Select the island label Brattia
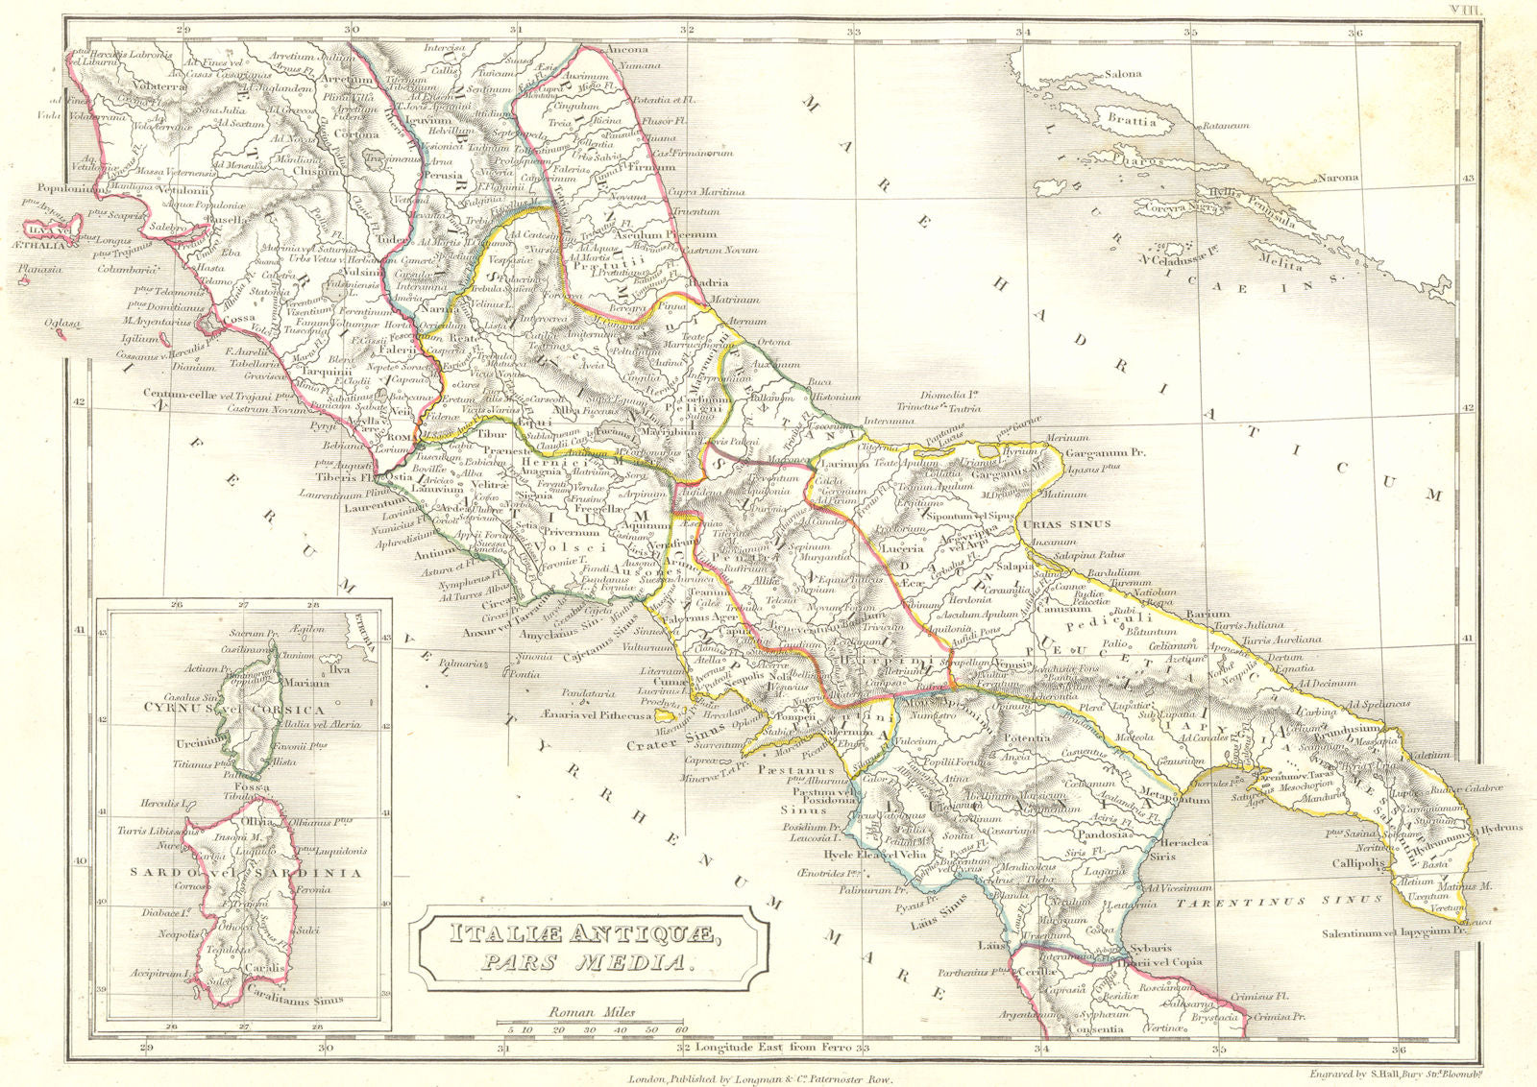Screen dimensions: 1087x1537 point(1132,122)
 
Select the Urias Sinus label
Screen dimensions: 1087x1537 point(1066,523)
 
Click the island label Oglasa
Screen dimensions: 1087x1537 point(62,324)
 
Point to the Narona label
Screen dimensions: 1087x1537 point(1337,178)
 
